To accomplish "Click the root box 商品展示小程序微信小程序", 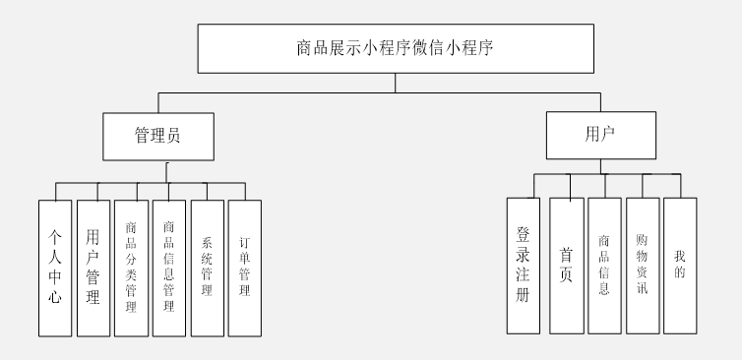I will pos(396,47).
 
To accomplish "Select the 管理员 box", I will pos(156,137).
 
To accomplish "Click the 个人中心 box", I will pos(55,268).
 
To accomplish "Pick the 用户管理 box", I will pos(93,268).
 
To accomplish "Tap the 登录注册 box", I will pos(524,265).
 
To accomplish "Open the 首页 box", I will pos(566,265).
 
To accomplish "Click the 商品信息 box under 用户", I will pos(604,265).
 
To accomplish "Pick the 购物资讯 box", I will pos(643,265).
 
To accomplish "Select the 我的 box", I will pos(680,265).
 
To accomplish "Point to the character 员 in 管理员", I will pos(173,137).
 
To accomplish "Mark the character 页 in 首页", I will pos(566,276).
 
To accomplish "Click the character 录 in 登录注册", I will pos(524,252).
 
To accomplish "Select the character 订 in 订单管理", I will pos(244,240).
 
